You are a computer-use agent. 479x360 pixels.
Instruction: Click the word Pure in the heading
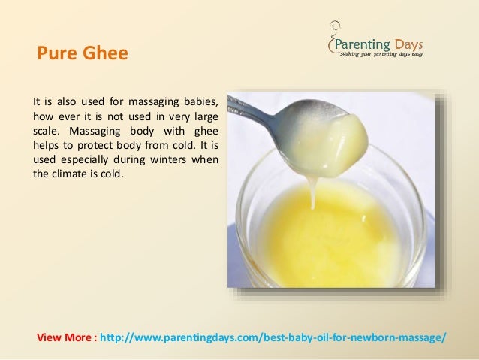[54, 54]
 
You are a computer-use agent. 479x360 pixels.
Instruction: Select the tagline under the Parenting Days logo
[381, 53]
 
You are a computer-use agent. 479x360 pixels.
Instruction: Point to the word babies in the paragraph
[201, 100]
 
